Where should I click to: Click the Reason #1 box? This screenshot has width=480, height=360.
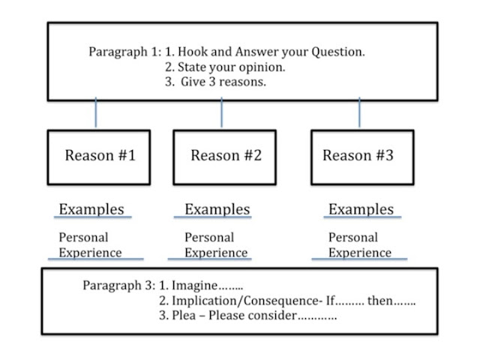tap(99, 157)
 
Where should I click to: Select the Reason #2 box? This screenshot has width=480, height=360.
tap(224, 157)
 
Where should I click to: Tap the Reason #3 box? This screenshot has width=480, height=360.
tap(358, 157)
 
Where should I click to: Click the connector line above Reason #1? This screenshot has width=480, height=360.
tap(96, 115)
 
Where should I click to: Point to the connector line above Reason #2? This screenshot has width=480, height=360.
tap(221, 115)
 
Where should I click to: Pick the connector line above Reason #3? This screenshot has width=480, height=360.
tap(359, 115)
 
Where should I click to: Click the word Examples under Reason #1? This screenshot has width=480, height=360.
tap(91, 209)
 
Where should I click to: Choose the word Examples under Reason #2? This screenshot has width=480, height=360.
tap(217, 209)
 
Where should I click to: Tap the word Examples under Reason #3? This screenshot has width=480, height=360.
tap(361, 209)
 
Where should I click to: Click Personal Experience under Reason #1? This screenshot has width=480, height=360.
tap(90, 245)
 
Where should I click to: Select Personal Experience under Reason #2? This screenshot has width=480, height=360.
tap(216, 245)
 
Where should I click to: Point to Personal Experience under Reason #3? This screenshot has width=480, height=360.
tap(360, 245)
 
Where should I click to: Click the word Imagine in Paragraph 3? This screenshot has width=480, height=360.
tap(193, 286)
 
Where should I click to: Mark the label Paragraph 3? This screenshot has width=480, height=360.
tap(116, 286)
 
